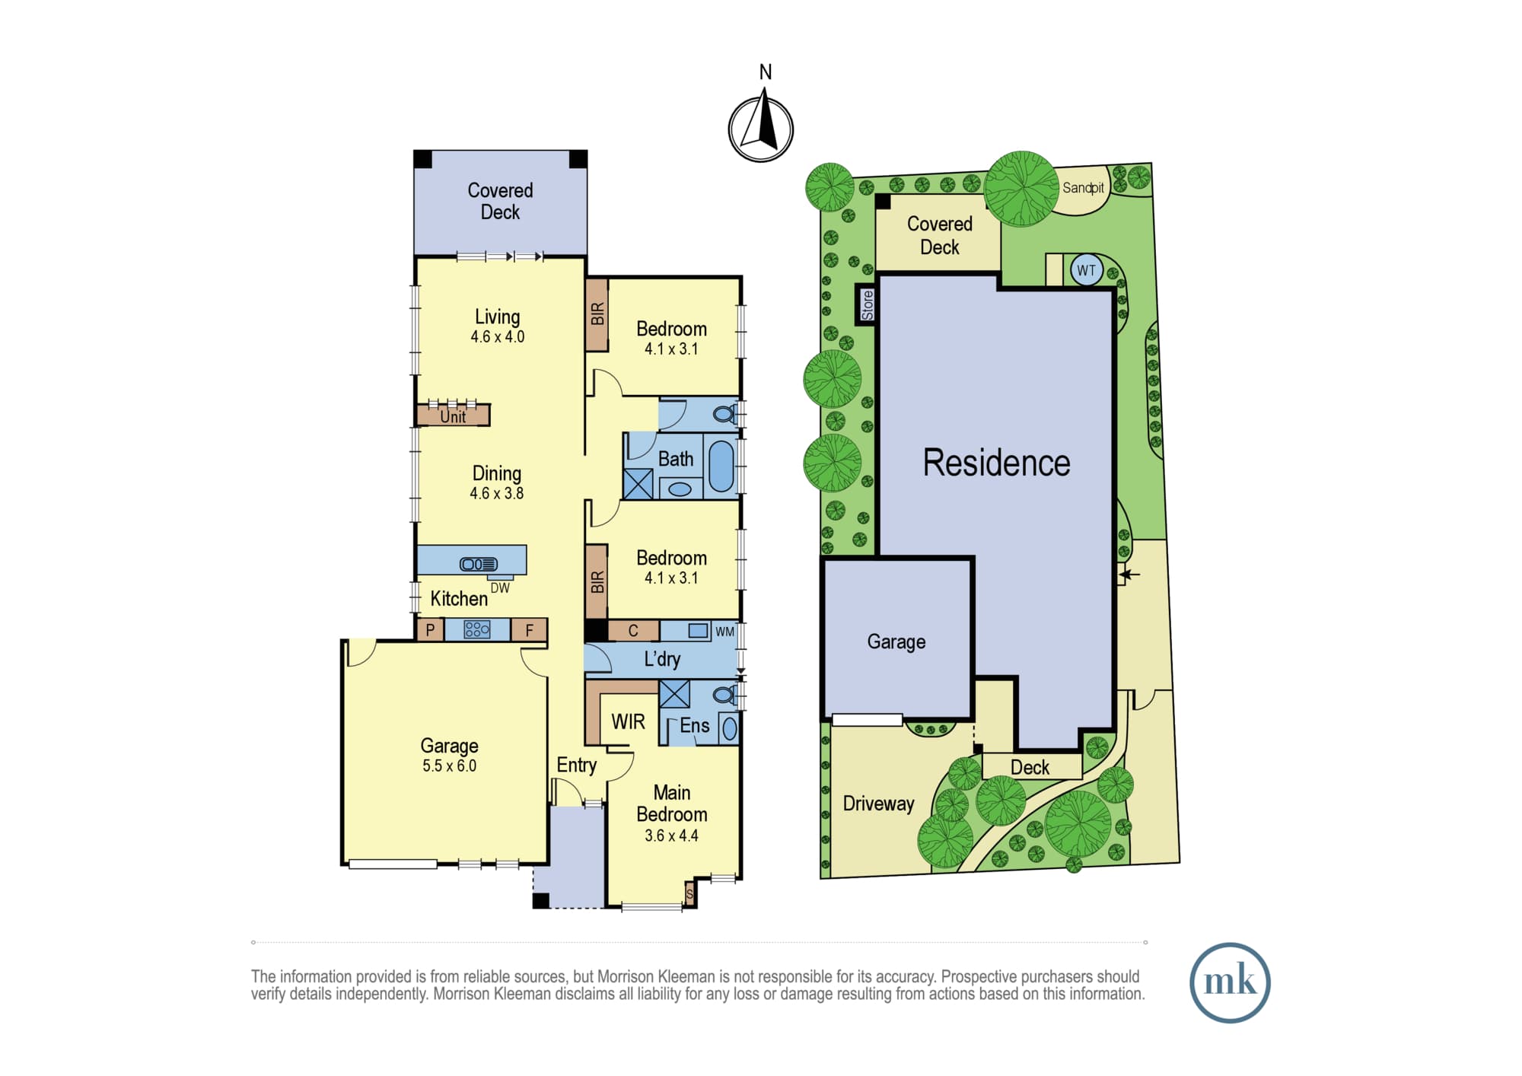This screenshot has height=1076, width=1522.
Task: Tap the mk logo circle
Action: click(1230, 982)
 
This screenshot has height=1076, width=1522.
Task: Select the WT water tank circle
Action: click(1086, 270)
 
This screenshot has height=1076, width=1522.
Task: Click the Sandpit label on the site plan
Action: click(1083, 188)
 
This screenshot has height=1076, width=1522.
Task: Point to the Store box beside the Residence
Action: click(867, 304)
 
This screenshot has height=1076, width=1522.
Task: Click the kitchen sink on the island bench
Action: click(478, 564)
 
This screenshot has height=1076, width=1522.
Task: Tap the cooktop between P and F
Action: click(477, 629)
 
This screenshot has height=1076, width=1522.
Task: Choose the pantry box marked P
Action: click(431, 629)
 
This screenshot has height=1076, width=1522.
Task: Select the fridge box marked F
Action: click(529, 629)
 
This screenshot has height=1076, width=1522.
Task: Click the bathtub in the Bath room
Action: click(721, 466)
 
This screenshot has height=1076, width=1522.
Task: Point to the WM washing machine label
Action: click(724, 632)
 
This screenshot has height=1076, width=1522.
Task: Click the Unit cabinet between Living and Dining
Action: click(453, 415)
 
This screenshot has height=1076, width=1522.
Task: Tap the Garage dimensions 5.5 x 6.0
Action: click(450, 766)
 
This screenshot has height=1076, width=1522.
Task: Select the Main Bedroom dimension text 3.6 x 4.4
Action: click(671, 836)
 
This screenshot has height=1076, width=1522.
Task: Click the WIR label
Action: click(628, 721)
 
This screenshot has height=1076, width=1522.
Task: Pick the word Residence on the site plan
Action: click(996, 463)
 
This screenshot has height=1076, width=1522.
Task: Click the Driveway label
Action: click(878, 804)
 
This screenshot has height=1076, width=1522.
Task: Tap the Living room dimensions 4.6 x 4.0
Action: click(497, 336)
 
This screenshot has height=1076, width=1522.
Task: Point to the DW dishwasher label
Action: click(500, 588)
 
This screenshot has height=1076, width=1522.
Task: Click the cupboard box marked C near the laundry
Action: click(633, 631)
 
